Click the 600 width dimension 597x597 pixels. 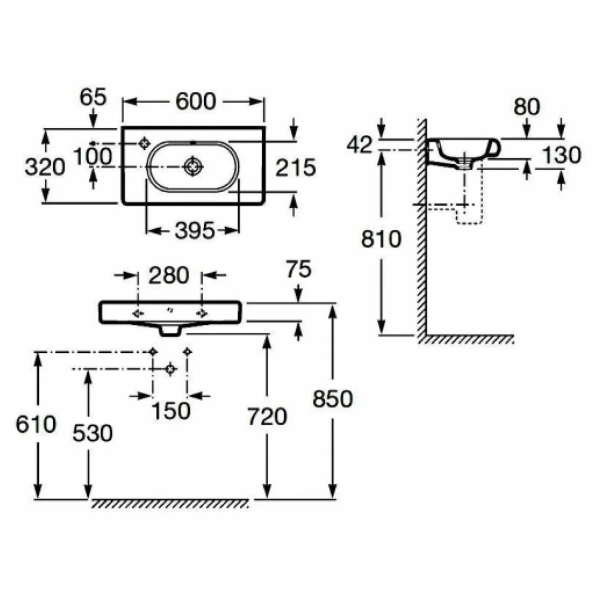[196, 101]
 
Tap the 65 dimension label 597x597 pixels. [93, 97]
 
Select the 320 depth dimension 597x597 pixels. [45, 167]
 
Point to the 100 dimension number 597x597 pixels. [93, 156]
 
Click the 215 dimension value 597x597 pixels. [296, 168]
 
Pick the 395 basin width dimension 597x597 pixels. [195, 230]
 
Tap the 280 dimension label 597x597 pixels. [169, 275]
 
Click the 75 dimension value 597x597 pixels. [299, 269]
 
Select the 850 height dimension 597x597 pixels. [333, 399]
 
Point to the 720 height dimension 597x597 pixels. [267, 416]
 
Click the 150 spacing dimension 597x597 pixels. [171, 411]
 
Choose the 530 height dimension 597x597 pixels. [93, 433]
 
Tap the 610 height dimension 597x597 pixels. [36, 424]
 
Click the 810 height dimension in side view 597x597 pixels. [381, 239]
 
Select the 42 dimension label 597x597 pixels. [359, 144]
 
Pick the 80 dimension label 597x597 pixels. [527, 107]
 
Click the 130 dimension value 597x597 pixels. [562, 155]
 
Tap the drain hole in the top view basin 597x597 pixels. [193, 167]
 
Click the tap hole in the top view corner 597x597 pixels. [144, 143]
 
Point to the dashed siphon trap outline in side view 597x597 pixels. [470, 214]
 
